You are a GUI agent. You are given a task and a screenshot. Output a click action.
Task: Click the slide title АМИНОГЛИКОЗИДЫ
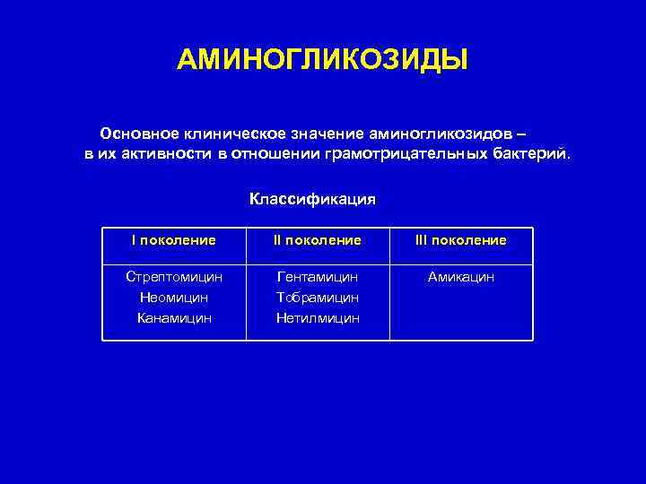coord(322,60)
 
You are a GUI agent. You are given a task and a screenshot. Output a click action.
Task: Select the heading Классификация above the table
coord(312,198)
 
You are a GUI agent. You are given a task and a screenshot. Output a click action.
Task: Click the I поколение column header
coord(174,240)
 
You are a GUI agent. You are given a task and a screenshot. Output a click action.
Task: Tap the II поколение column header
coord(318,240)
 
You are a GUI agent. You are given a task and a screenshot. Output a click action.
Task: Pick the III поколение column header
coord(460,240)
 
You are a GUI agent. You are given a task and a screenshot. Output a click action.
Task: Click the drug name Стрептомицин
coord(174,277)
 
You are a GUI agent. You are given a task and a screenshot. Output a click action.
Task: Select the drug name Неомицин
coord(174,297)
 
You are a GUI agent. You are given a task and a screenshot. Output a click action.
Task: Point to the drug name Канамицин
coord(174,317)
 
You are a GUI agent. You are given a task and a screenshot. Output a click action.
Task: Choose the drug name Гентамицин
coord(318,277)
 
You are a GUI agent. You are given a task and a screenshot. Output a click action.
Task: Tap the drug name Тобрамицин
coord(318,297)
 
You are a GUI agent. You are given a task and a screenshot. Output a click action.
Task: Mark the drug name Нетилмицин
coord(318,317)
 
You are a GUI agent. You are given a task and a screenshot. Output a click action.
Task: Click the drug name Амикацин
coord(460,277)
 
